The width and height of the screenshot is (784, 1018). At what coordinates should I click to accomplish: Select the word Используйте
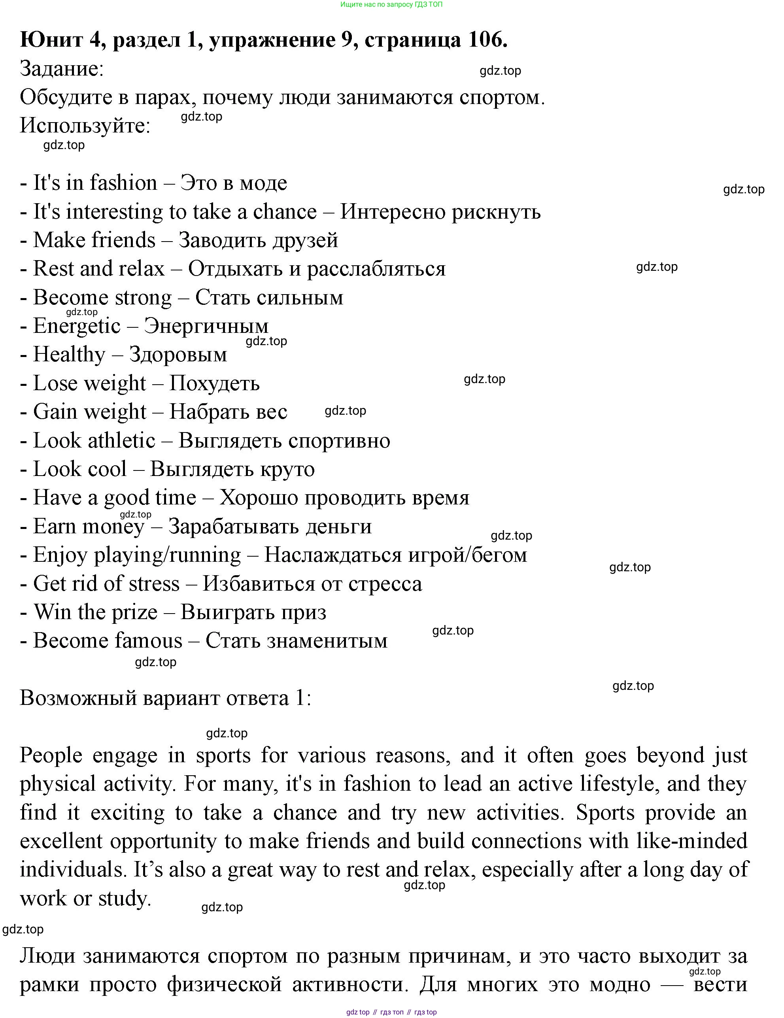coord(85,125)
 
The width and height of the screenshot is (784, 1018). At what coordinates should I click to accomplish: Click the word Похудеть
coord(214,383)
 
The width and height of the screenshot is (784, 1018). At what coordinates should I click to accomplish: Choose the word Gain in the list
coord(51,412)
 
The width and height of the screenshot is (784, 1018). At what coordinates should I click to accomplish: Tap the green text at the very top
coord(391,5)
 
